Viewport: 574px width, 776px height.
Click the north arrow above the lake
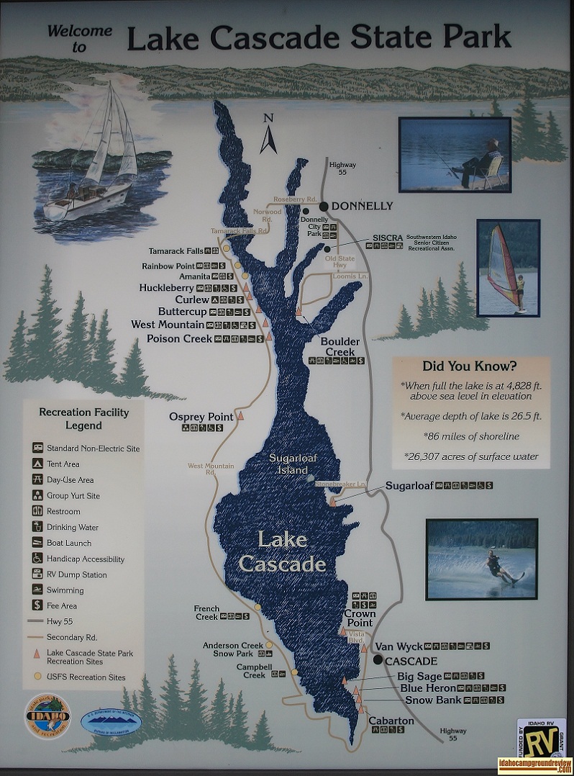[268, 135]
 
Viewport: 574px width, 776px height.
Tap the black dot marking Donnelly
[324, 207]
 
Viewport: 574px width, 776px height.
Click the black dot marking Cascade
[378, 659]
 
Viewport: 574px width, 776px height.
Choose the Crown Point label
[360, 618]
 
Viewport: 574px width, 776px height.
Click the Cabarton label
[391, 721]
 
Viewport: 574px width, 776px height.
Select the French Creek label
[206, 613]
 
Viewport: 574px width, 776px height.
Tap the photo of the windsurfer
[508, 268]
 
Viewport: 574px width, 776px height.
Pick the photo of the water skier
[481, 559]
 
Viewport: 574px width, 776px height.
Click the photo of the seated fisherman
[455, 154]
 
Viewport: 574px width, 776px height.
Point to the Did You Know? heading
[470, 365]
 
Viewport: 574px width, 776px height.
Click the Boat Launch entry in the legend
[69, 543]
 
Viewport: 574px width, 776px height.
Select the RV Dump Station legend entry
[76, 575]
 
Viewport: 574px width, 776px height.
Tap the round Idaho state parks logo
[47, 715]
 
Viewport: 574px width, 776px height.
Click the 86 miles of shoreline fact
[470, 436]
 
